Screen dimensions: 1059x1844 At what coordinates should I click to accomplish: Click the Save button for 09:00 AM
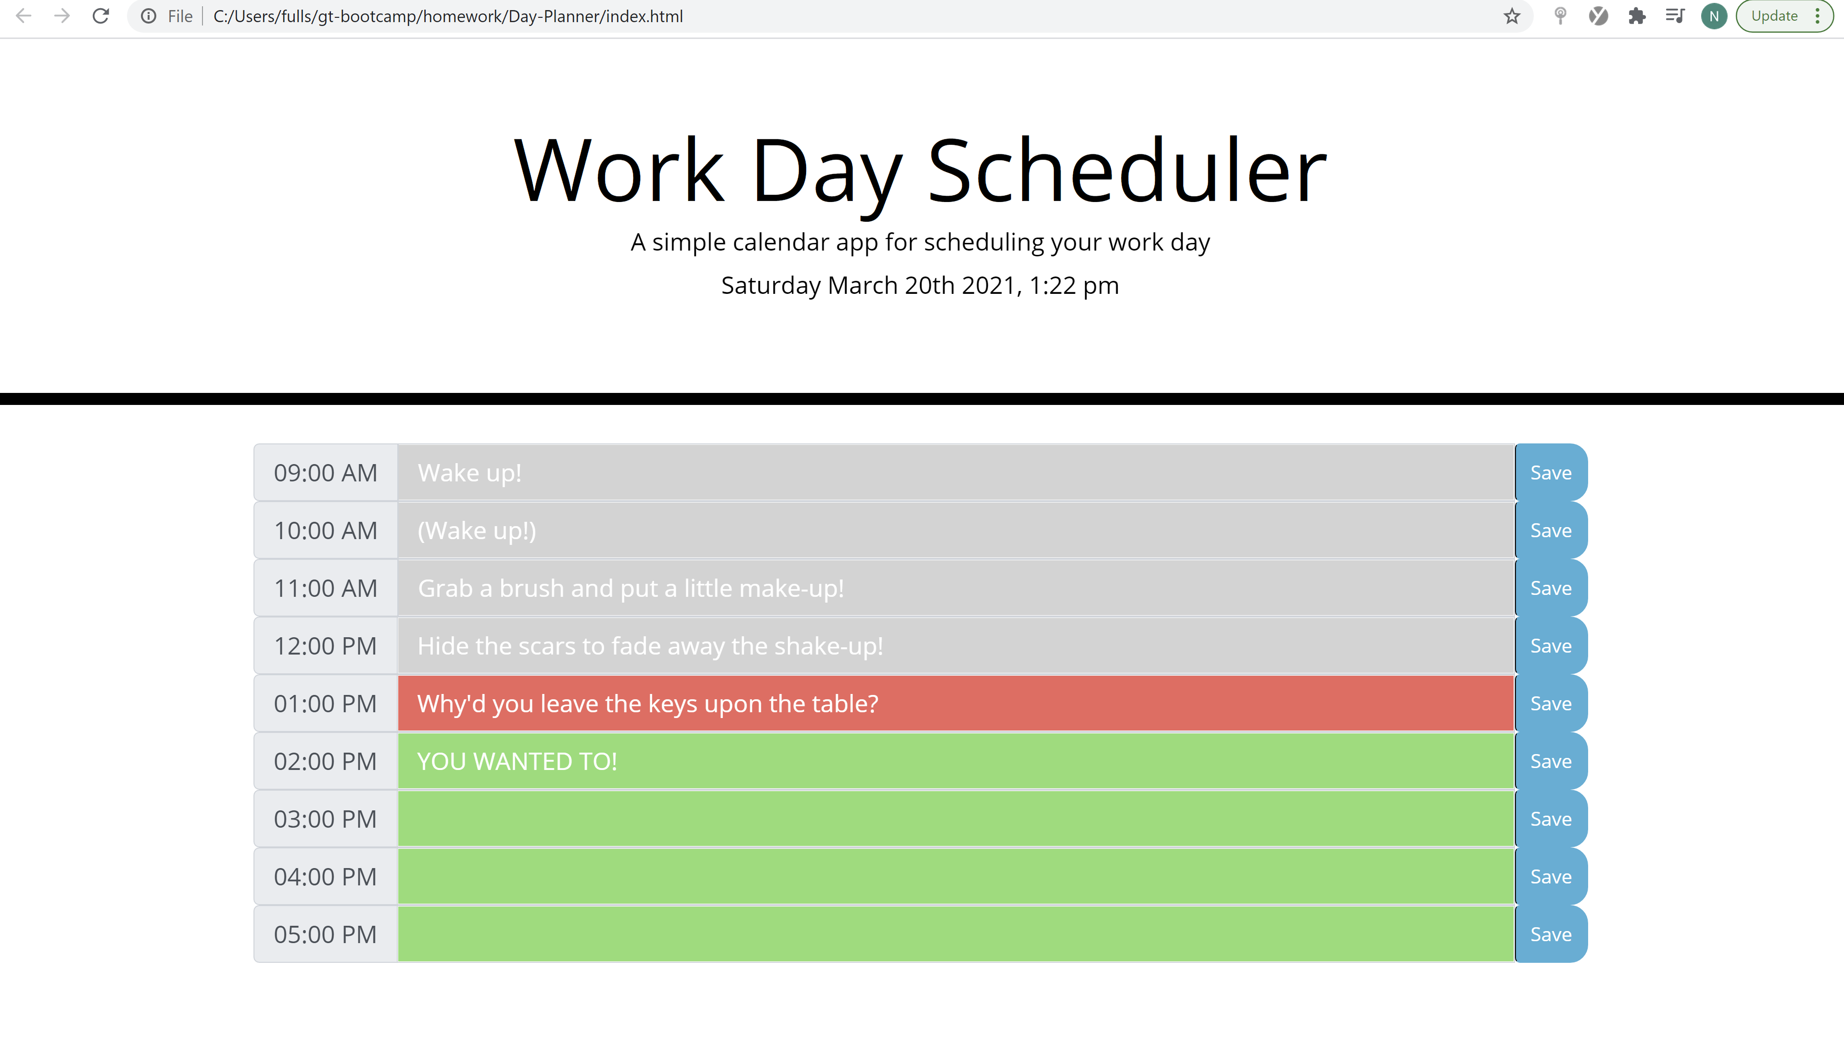pos(1550,473)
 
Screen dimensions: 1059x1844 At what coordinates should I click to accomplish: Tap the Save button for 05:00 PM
pos(1550,934)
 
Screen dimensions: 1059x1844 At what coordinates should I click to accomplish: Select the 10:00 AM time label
pos(325,530)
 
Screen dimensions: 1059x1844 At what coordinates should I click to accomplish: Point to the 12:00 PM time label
pos(325,646)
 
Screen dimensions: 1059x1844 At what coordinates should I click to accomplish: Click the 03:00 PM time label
pos(325,819)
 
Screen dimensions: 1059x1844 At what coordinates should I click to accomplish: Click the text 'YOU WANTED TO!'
pos(517,761)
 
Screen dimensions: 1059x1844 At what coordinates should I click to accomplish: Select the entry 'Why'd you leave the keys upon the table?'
pos(647,703)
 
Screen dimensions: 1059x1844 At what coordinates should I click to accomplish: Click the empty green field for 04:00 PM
pos(955,876)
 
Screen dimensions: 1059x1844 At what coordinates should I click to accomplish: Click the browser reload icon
pos(101,16)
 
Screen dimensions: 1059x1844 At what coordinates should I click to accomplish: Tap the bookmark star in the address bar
pos(1512,16)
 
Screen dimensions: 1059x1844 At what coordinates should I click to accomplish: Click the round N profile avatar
pos(1713,16)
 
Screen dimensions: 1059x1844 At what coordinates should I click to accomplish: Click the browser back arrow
pos(23,16)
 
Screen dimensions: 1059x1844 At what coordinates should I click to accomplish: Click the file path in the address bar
pos(447,16)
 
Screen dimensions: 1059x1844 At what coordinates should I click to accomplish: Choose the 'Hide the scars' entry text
pos(650,646)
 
